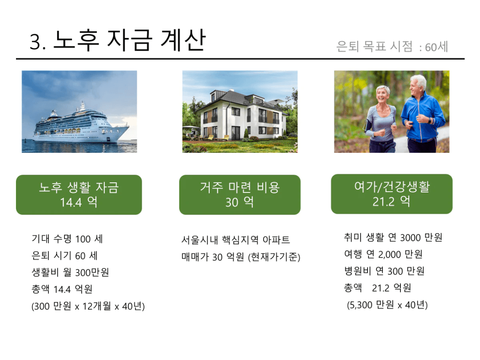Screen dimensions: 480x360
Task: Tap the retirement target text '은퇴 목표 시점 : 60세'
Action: (392, 47)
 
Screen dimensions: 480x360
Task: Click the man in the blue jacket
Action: (422, 116)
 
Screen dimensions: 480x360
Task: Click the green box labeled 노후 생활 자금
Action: (79, 195)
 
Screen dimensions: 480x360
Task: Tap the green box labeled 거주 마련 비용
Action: (240, 195)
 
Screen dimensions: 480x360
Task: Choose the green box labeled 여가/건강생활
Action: (392, 194)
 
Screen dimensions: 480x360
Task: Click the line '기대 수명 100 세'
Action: (67, 239)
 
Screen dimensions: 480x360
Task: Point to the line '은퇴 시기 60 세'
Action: (64, 256)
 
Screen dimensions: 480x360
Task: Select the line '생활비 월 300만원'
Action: (70, 272)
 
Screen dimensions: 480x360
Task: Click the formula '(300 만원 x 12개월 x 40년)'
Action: (88, 306)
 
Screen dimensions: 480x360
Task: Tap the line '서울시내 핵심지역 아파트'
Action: (235, 240)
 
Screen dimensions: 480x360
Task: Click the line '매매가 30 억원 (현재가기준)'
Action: (240, 257)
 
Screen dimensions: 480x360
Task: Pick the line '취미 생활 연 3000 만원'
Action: (393, 237)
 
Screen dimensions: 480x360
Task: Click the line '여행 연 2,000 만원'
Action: (383, 254)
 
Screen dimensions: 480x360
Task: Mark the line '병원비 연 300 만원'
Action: (384, 271)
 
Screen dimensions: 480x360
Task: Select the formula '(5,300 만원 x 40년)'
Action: (387, 304)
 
